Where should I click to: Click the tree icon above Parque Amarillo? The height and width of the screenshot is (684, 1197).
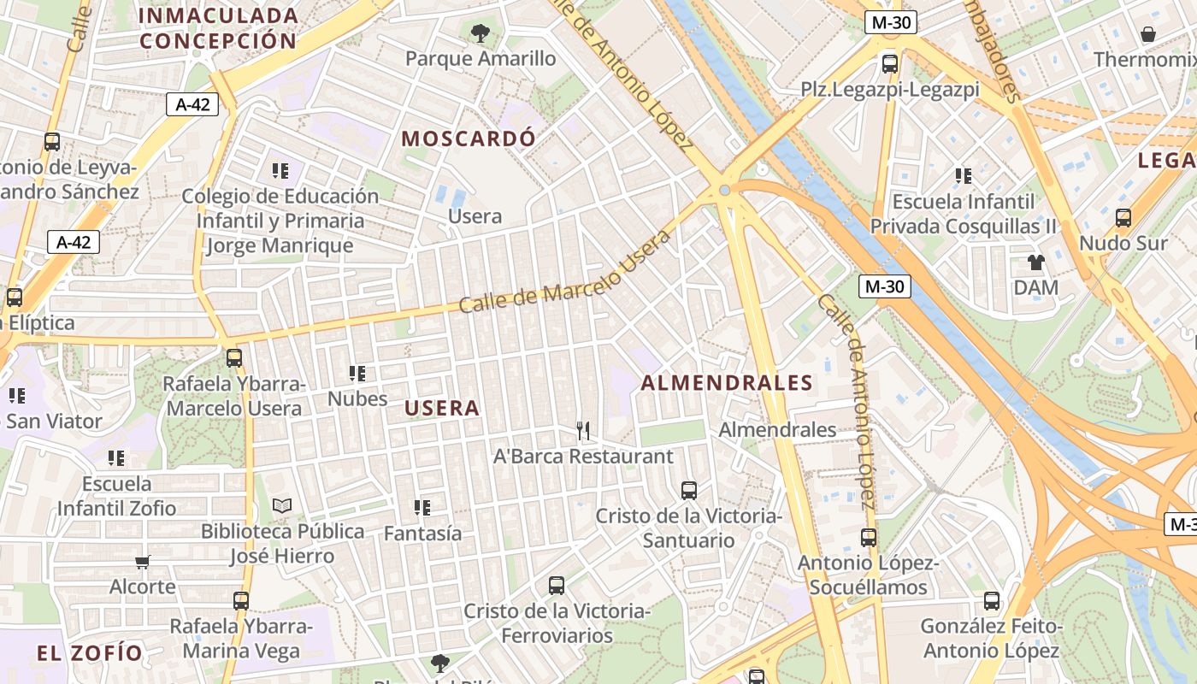481,33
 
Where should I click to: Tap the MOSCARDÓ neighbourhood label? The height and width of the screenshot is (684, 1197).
469,139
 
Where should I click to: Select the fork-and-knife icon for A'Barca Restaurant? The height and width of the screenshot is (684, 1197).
584,430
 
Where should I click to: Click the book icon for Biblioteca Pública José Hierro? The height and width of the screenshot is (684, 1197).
282,506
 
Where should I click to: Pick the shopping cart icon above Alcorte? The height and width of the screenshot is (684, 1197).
143,562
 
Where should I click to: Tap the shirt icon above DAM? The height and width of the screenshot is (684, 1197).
1036,262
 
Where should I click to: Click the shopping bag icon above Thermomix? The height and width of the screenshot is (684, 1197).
1148,34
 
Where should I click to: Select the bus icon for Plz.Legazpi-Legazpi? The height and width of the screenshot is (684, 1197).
890,63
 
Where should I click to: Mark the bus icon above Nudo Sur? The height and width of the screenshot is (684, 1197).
1123,218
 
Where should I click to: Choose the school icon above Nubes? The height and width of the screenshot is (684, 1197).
357,373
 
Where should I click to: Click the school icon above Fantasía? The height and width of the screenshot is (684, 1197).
422,508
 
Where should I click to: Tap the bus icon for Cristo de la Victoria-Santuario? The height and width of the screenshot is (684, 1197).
689,490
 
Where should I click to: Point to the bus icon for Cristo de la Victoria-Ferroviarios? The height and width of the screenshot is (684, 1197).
557,586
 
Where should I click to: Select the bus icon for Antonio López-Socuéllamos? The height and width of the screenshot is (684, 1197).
869,537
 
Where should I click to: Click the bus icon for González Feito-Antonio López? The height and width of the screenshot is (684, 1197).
992,601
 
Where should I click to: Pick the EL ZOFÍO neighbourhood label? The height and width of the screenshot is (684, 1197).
90,653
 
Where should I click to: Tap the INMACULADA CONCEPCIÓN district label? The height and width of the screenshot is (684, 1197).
218,27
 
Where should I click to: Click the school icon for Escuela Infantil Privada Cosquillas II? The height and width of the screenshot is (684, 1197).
964,176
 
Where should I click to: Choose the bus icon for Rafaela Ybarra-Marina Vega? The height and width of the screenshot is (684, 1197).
241,600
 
